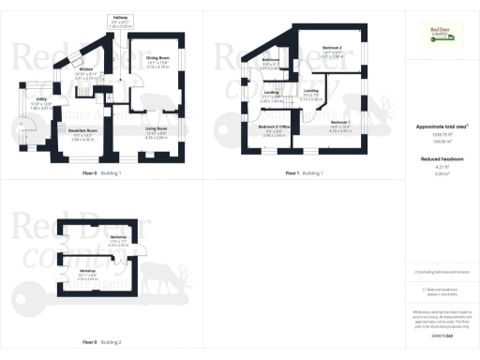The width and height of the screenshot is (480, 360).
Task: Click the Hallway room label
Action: pos(121,17)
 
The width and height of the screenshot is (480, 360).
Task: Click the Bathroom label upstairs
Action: pos(272,60)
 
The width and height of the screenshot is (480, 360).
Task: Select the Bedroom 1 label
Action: pos(340,123)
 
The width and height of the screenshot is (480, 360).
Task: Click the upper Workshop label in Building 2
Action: pos(118,237)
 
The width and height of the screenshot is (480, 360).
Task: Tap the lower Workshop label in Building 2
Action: pos(89,270)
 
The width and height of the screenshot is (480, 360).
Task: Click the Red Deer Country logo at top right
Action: pos(439,35)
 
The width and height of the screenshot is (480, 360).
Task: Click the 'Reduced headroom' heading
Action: pos(439,159)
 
